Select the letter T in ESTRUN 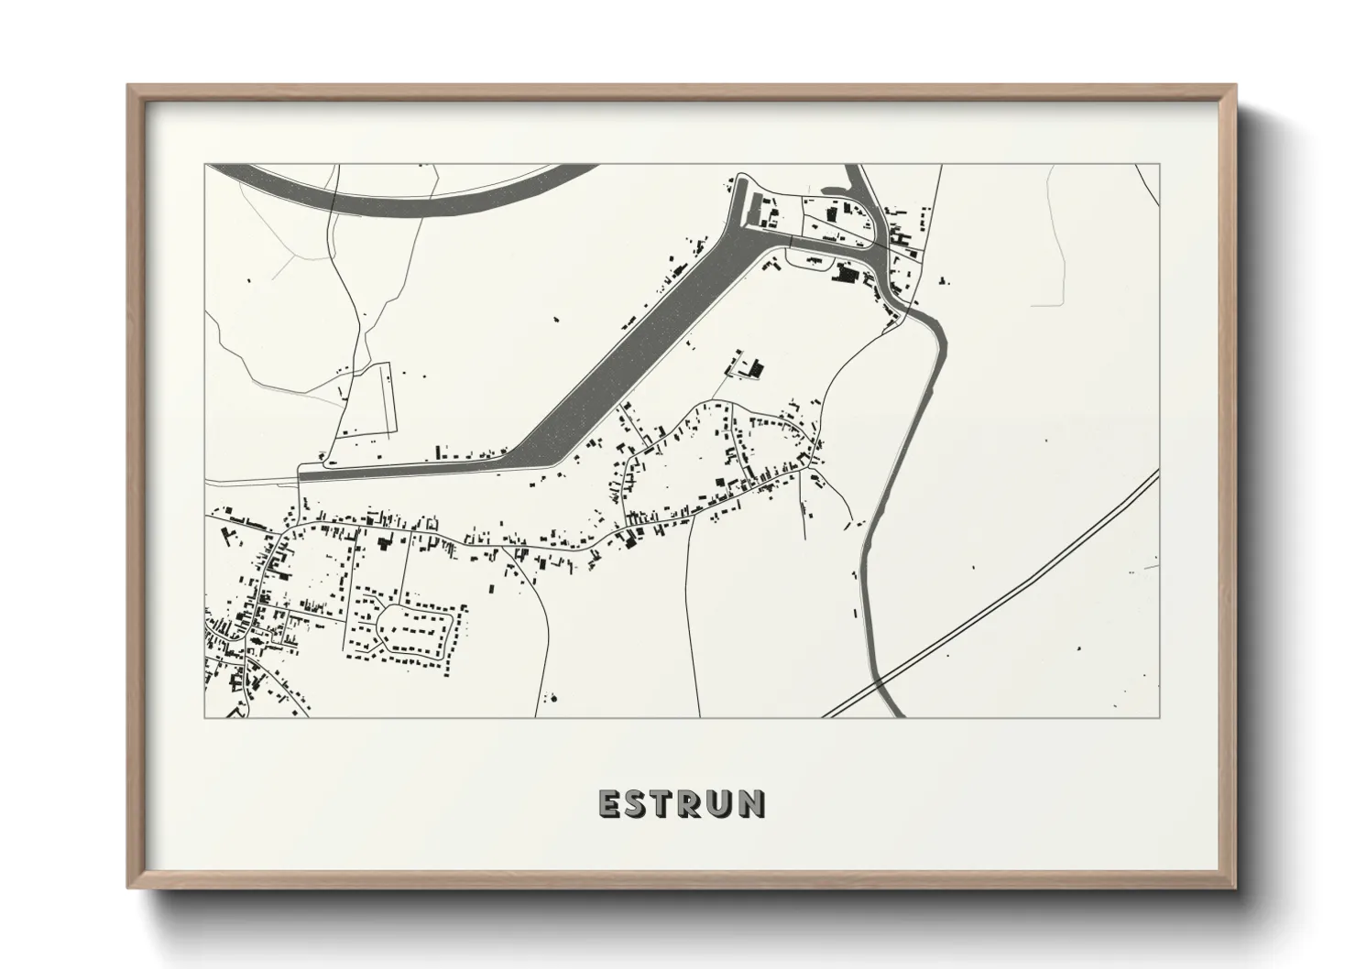(x=666, y=803)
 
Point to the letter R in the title (x=694, y=803)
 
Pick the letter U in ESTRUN (x=724, y=803)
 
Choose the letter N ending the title (x=753, y=803)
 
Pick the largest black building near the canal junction (x=845, y=272)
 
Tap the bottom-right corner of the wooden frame (x=1234, y=887)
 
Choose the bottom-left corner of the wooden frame (x=129, y=887)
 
